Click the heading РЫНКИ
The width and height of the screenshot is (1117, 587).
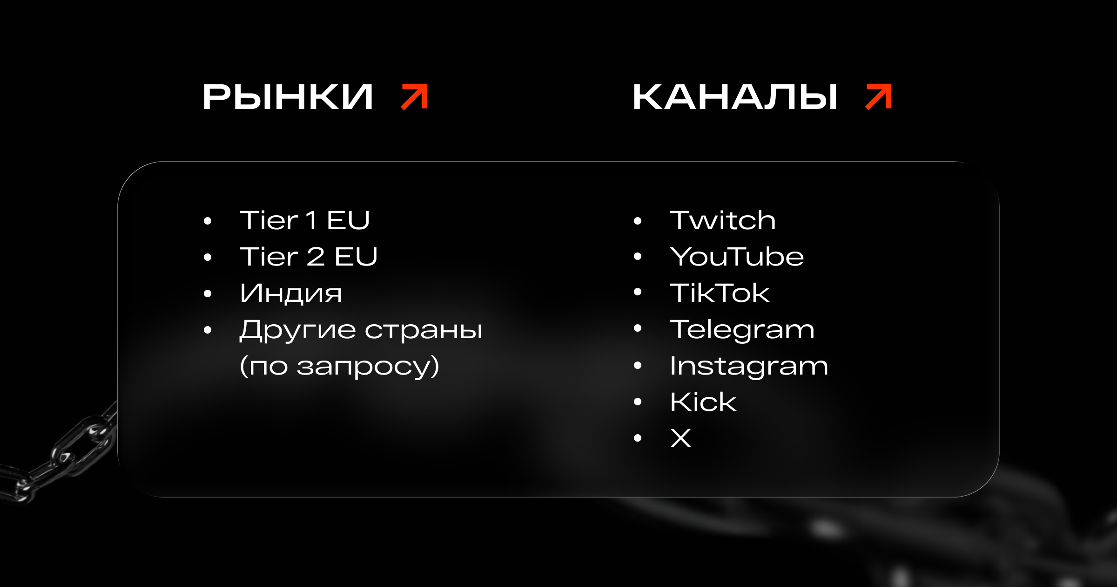[x=288, y=97]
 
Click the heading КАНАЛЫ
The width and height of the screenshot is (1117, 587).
[x=735, y=97]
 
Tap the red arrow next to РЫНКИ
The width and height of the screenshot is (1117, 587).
[x=414, y=97]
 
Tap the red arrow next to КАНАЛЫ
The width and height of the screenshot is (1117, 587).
[x=878, y=97]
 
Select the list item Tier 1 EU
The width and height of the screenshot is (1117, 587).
[x=305, y=220]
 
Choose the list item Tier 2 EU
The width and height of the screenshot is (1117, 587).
[x=309, y=256]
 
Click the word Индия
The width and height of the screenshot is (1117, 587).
[x=291, y=293]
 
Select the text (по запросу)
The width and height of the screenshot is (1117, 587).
[x=340, y=366]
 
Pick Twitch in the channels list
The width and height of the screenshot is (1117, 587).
[x=723, y=220]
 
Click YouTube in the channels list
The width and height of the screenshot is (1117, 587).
[x=737, y=256]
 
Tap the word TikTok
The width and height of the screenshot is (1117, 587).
[x=720, y=293]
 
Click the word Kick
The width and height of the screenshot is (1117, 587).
[x=703, y=402]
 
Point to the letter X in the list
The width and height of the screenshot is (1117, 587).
[x=680, y=438]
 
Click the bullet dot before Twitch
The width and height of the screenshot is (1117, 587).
[x=638, y=221]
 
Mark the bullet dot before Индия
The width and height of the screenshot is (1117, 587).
[x=208, y=293]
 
